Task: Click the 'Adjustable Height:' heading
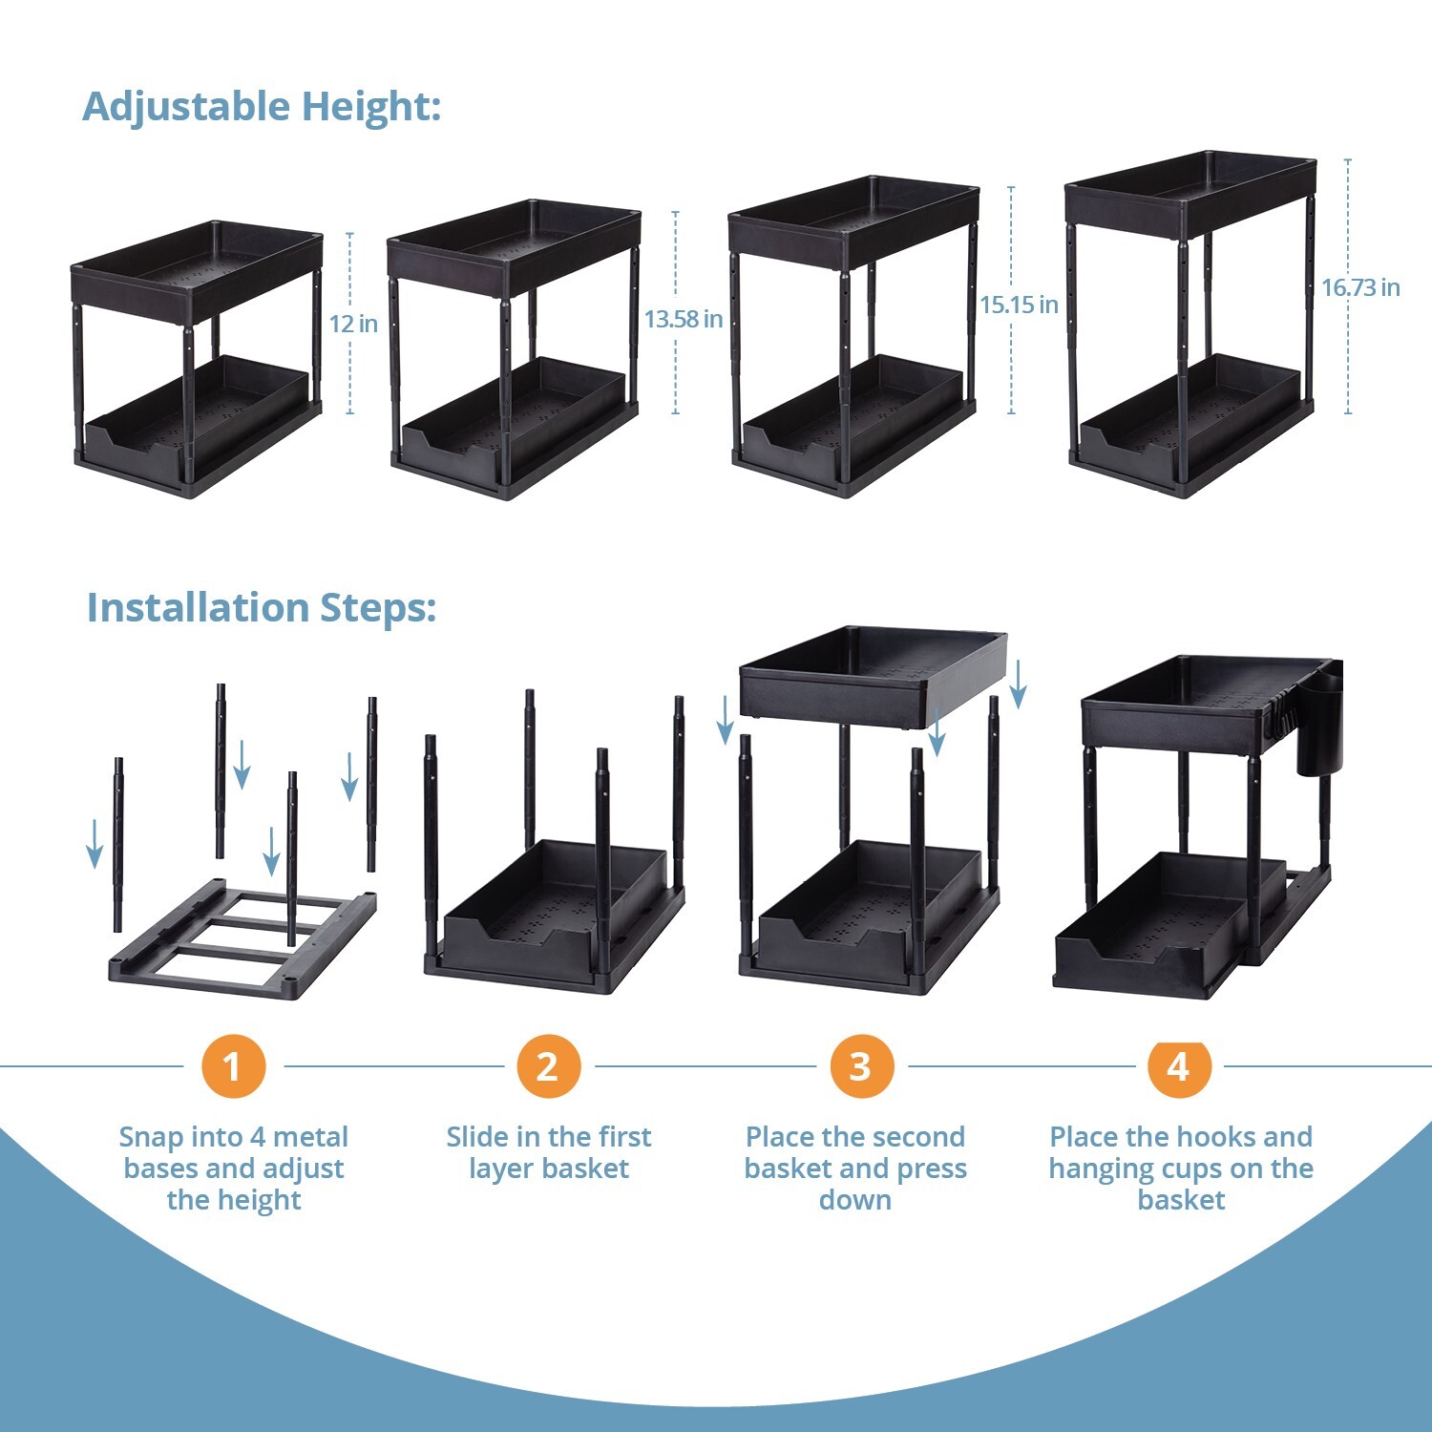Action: [262, 106]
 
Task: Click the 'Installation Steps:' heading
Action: [262, 607]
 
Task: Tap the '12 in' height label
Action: [353, 324]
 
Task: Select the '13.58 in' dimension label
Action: [684, 319]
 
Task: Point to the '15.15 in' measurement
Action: [1020, 305]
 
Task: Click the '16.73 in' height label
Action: [1360, 287]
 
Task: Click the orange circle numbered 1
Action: [233, 1066]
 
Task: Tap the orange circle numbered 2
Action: [548, 1066]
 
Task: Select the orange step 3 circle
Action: [861, 1066]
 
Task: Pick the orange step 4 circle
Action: [1179, 1066]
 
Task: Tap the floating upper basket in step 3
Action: [873, 676]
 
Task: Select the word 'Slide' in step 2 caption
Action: [479, 1136]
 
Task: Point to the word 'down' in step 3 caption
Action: [855, 1200]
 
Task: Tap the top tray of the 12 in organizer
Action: [197, 263]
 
